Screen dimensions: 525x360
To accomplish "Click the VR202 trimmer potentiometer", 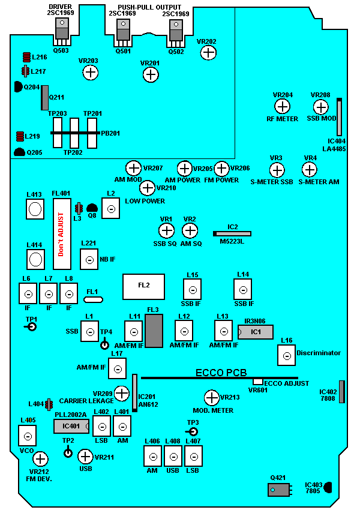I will click(x=208, y=53).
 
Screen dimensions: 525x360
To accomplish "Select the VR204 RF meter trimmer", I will click(x=282, y=107).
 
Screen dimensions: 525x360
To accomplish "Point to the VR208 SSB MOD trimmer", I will click(x=321, y=107).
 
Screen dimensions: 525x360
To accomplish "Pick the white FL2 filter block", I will click(x=144, y=286).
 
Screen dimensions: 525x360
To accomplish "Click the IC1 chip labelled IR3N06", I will click(x=256, y=332).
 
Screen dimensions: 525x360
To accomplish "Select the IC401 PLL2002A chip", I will click(x=71, y=426).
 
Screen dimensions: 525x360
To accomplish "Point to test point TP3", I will click(x=193, y=432).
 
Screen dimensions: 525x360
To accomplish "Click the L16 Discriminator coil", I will click(x=286, y=355).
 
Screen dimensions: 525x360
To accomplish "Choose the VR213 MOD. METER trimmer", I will click(x=211, y=397).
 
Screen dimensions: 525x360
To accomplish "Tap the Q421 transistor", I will click(x=278, y=490).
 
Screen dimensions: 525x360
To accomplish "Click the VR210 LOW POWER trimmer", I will click(x=148, y=188).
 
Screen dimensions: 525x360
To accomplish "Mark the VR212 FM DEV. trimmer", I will click(x=40, y=460).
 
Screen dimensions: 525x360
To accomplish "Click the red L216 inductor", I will click(x=26, y=58).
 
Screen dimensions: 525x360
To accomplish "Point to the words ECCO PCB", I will click(x=221, y=373).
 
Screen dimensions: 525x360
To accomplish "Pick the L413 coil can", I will click(x=35, y=209).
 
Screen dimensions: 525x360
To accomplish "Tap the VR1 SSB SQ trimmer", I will click(x=166, y=230).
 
